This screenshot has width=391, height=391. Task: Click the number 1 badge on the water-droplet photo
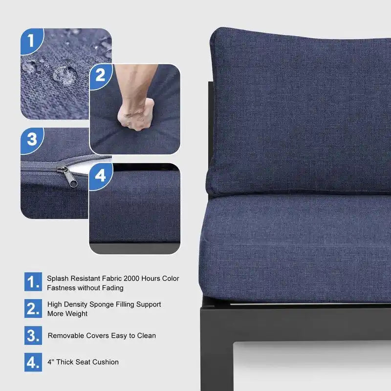click(x=31, y=41)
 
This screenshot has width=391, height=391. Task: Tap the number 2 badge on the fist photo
click(x=100, y=76)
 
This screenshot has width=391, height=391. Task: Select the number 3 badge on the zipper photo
click(x=32, y=140)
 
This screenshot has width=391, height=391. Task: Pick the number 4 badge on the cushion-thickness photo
click(x=101, y=176)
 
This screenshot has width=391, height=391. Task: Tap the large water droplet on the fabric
click(x=65, y=75)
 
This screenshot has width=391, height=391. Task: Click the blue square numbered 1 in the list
click(x=33, y=282)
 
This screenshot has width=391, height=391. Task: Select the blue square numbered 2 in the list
click(x=33, y=308)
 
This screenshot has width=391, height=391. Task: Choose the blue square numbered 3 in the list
click(x=33, y=335)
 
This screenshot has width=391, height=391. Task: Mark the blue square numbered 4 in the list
click(x=33, y=362)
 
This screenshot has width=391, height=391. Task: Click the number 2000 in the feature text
click(x=131, y=278)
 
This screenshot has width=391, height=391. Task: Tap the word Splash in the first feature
click(x=57, y=279)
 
